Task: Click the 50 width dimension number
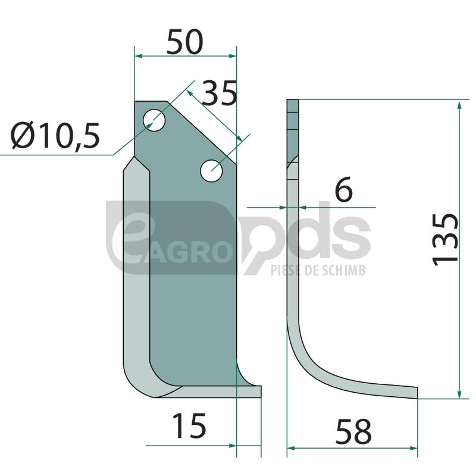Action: (184, 42)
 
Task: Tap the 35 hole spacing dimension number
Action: (219, 93)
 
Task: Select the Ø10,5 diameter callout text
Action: (55, 136)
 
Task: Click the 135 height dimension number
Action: (445, 240)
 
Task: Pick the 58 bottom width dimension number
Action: (353, 431)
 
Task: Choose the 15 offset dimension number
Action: (189, 425)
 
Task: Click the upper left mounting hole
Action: (154, 120)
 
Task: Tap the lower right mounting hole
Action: (211, 171)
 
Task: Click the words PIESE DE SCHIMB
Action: (318, 270)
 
